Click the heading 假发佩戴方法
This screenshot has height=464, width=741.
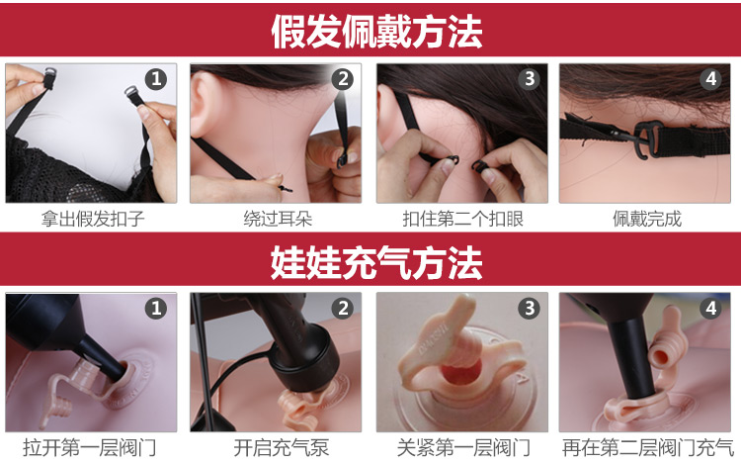point(376,31)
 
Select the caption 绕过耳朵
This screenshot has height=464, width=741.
point(276,219)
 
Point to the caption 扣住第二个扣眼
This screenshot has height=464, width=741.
point(461,219)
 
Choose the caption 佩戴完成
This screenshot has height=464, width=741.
point(647,219)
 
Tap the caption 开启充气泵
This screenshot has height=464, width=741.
point(276,448)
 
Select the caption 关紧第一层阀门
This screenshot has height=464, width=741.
point(461,448)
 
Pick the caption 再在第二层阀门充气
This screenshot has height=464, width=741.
point(647,448)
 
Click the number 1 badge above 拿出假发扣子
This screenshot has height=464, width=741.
point(156,79)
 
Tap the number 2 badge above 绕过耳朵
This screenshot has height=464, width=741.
point(342,79)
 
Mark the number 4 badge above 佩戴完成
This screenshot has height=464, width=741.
point(712,79)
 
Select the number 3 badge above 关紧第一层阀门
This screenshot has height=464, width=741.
point(529,309)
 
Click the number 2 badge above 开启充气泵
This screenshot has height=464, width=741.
point(342,309)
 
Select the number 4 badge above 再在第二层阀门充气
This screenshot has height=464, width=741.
point(712,309)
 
